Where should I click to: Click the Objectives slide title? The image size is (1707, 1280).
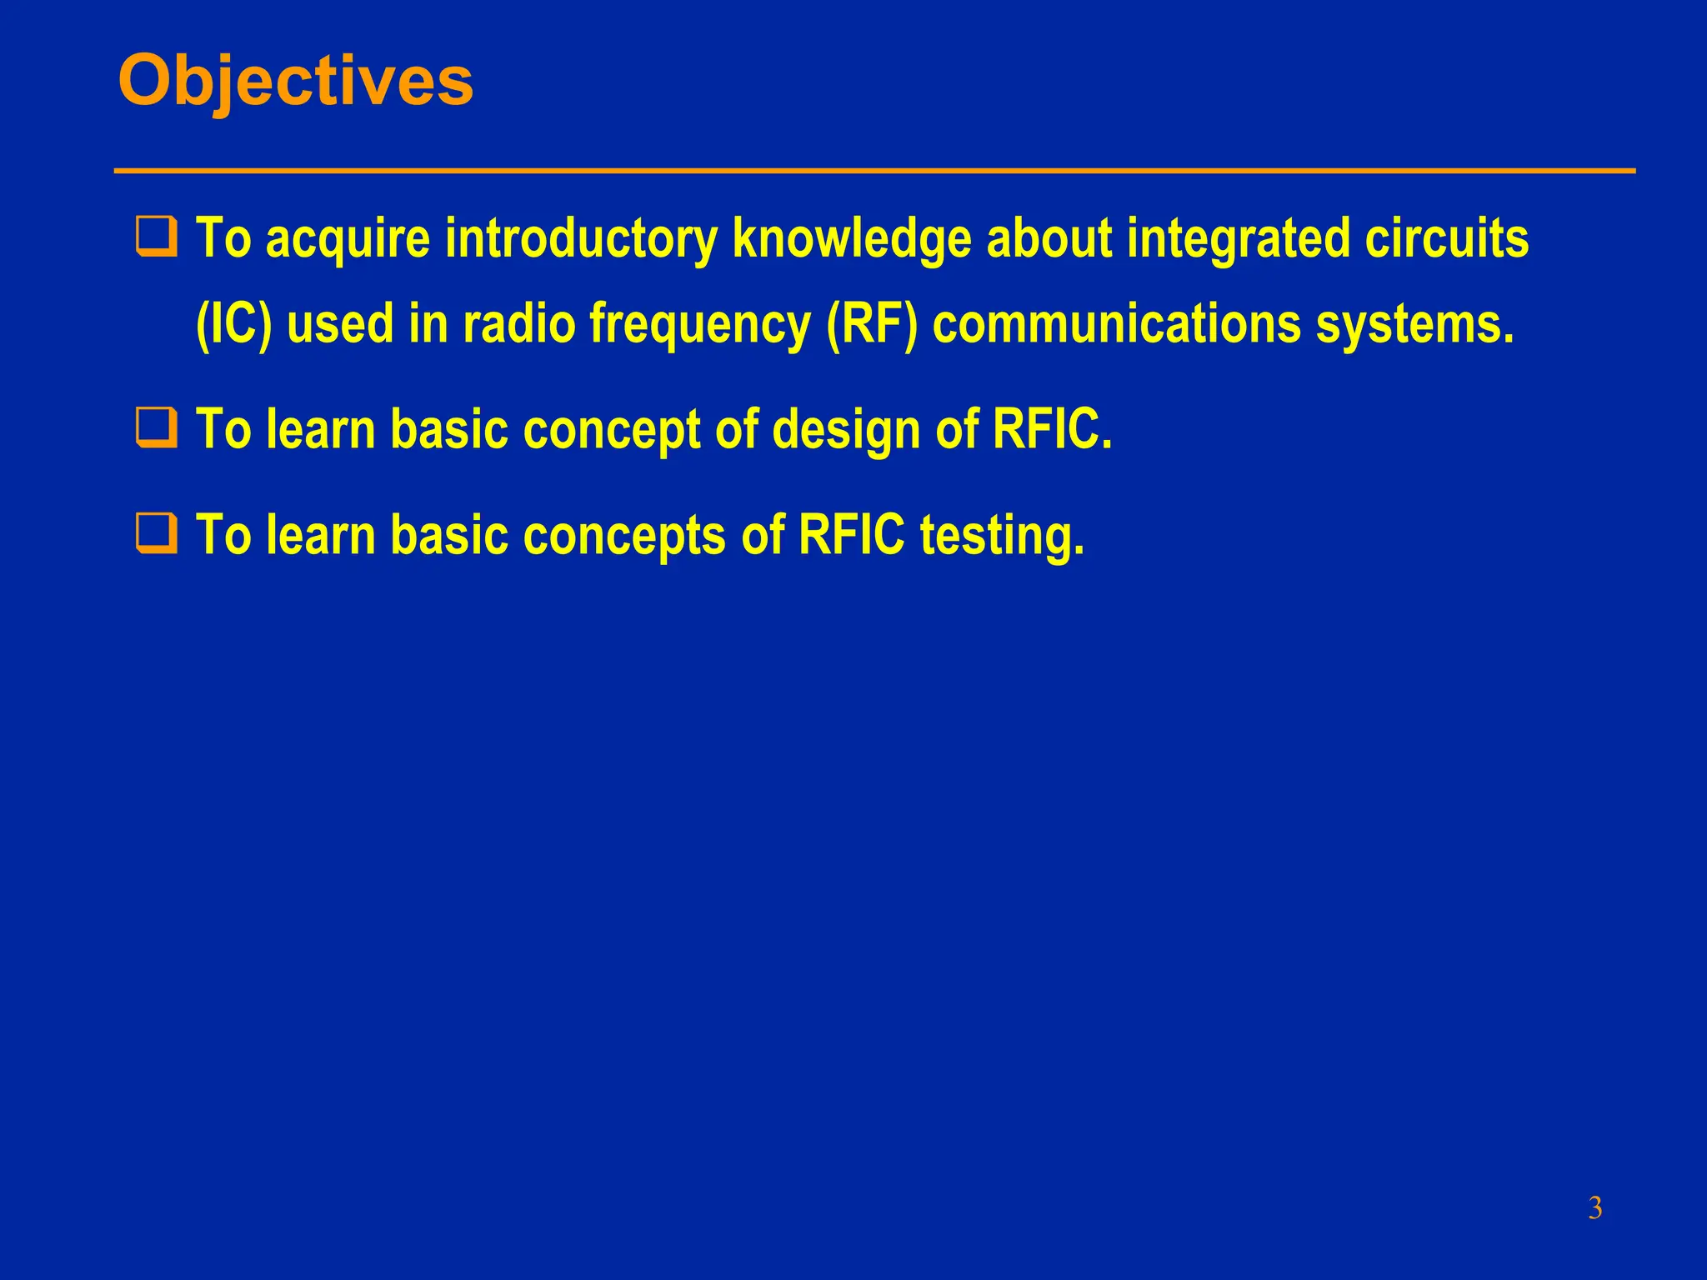coord(296,82)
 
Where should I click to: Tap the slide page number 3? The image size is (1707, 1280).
coord(1594,1207)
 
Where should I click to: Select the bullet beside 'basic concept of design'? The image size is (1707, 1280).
coord(157,427)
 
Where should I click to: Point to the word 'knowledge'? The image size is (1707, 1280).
coord(852,239)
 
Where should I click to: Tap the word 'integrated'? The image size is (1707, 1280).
coord(1238,239)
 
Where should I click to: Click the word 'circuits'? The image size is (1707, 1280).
coord(1446,239)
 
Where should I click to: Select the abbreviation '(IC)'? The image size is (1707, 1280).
coord(233,324)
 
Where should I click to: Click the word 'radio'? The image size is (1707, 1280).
coord(518,324)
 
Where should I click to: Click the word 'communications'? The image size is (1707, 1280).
coord(1116,324)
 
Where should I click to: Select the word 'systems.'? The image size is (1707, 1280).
coord(1414,324)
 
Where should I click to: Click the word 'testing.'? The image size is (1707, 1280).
coord(1002,535)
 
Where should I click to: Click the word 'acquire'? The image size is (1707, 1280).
coord(348,239)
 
